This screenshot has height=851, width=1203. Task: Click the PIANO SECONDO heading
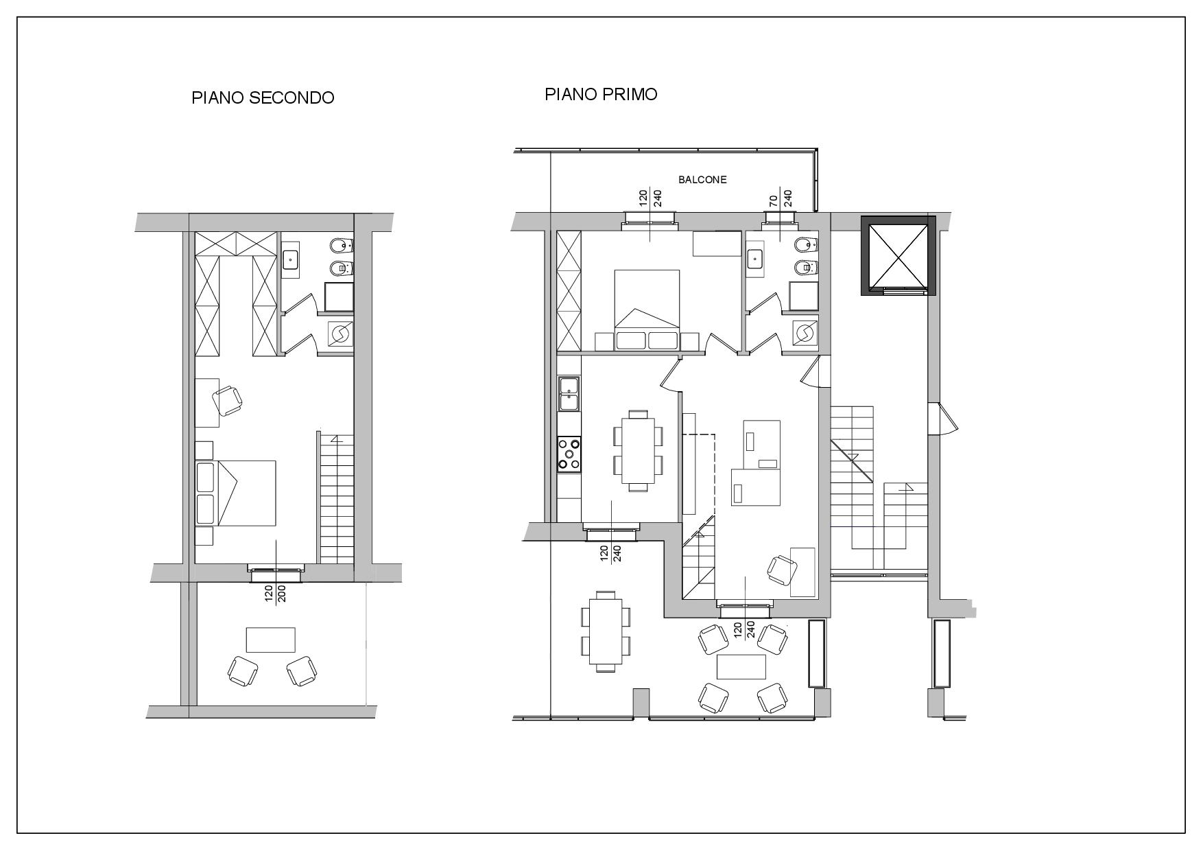click(x=263, y=97)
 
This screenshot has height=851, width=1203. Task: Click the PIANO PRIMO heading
click(x=601, y=94)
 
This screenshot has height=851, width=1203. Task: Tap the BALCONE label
click(x=702, y=180)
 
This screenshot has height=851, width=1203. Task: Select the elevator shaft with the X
click(x=898, y=255)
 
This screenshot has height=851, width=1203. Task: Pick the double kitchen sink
click(x=569, y=393)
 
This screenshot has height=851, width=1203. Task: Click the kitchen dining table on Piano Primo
click(x=638, y=451)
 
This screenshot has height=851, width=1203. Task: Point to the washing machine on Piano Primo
click(x=805, y=332)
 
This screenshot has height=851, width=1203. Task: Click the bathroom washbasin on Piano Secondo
click(x=291, y=259)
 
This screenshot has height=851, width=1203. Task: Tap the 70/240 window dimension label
click(x=781, y=198)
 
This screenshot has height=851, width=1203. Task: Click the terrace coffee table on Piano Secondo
click(x=271, y=640)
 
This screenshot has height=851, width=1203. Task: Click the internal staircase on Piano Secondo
click(x=337, y=500)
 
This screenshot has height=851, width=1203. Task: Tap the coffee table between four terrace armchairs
click(x=741, y=666)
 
